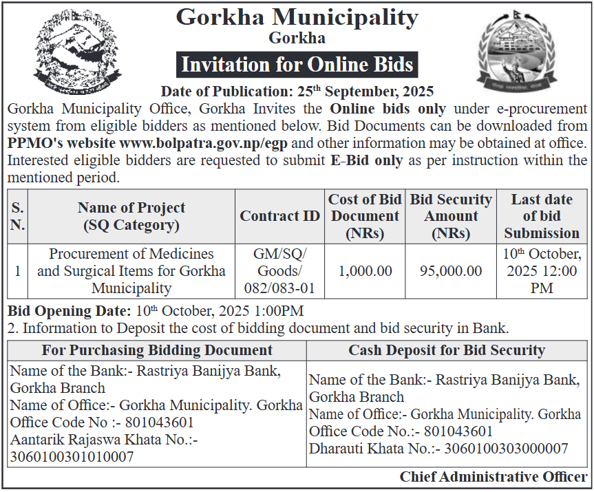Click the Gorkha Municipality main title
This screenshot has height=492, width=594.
297,17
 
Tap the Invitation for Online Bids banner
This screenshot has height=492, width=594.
297,65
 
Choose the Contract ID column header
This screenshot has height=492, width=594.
279,216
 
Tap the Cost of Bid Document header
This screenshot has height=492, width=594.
365,216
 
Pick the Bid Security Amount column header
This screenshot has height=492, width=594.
451,216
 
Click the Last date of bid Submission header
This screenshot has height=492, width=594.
542,216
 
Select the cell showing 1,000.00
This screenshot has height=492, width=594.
365,271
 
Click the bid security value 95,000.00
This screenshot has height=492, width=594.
451,271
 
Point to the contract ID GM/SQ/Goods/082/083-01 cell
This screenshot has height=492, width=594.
279,271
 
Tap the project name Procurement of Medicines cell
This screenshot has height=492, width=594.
131,271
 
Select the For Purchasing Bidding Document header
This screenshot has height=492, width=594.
157,350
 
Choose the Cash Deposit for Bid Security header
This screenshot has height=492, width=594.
447,350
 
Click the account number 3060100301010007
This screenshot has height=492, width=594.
72,456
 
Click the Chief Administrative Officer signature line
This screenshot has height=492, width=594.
494,477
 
